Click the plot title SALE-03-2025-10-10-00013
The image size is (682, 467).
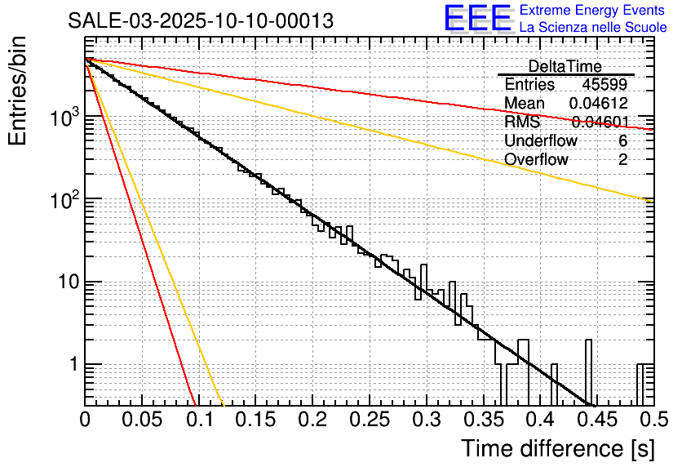pos(200,21)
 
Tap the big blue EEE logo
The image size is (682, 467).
pos(476,18)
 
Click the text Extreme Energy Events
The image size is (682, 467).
pos(592,11)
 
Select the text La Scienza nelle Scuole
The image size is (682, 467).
pos(592,28)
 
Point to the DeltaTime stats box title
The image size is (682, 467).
pos(565,66)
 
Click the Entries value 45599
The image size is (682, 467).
pos(604,85)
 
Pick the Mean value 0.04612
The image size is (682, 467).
pos(598,104)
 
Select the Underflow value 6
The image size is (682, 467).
pos(623,141)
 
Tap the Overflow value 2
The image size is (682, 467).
pos(623,160)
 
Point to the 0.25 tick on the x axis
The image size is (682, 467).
pos(369,420)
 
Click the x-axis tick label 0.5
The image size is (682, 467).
pos(648,420)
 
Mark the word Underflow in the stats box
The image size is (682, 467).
pos(541,141)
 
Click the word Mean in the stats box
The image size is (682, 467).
pos(525,104)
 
